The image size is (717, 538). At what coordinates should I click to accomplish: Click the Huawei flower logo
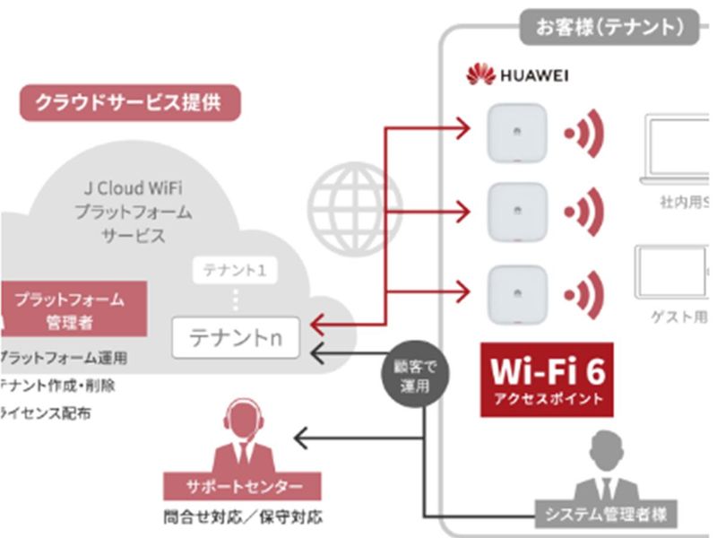[x=481, y=74]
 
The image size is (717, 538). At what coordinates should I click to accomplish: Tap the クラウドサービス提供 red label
[x=131, y=103]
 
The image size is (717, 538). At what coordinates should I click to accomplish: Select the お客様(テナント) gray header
[x=610, y=27]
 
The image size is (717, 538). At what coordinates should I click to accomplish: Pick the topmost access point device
[x=516, y=133]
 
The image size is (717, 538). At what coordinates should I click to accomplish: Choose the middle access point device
[x=516, y=213]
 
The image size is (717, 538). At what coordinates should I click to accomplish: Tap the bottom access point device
[x=516, y=291]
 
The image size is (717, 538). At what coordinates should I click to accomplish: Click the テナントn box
[x=236, y=338]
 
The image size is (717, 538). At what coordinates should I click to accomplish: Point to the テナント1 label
[x=235, y=270]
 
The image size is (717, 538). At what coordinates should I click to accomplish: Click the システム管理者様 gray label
[x=606, y=514]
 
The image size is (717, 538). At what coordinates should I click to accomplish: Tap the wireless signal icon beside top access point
[x=585, y=134]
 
